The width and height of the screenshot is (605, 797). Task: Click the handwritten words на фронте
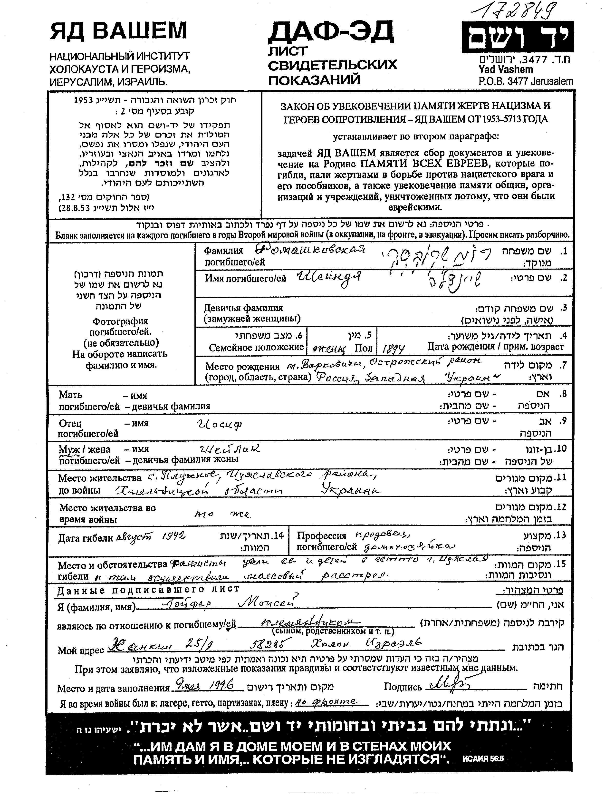coord(326,701)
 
